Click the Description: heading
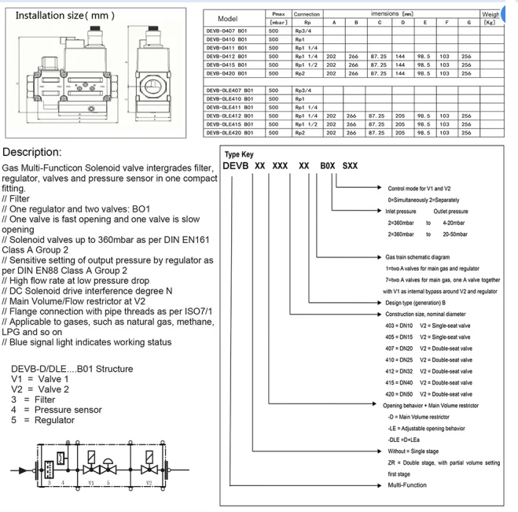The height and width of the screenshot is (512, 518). tap(39, 151)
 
